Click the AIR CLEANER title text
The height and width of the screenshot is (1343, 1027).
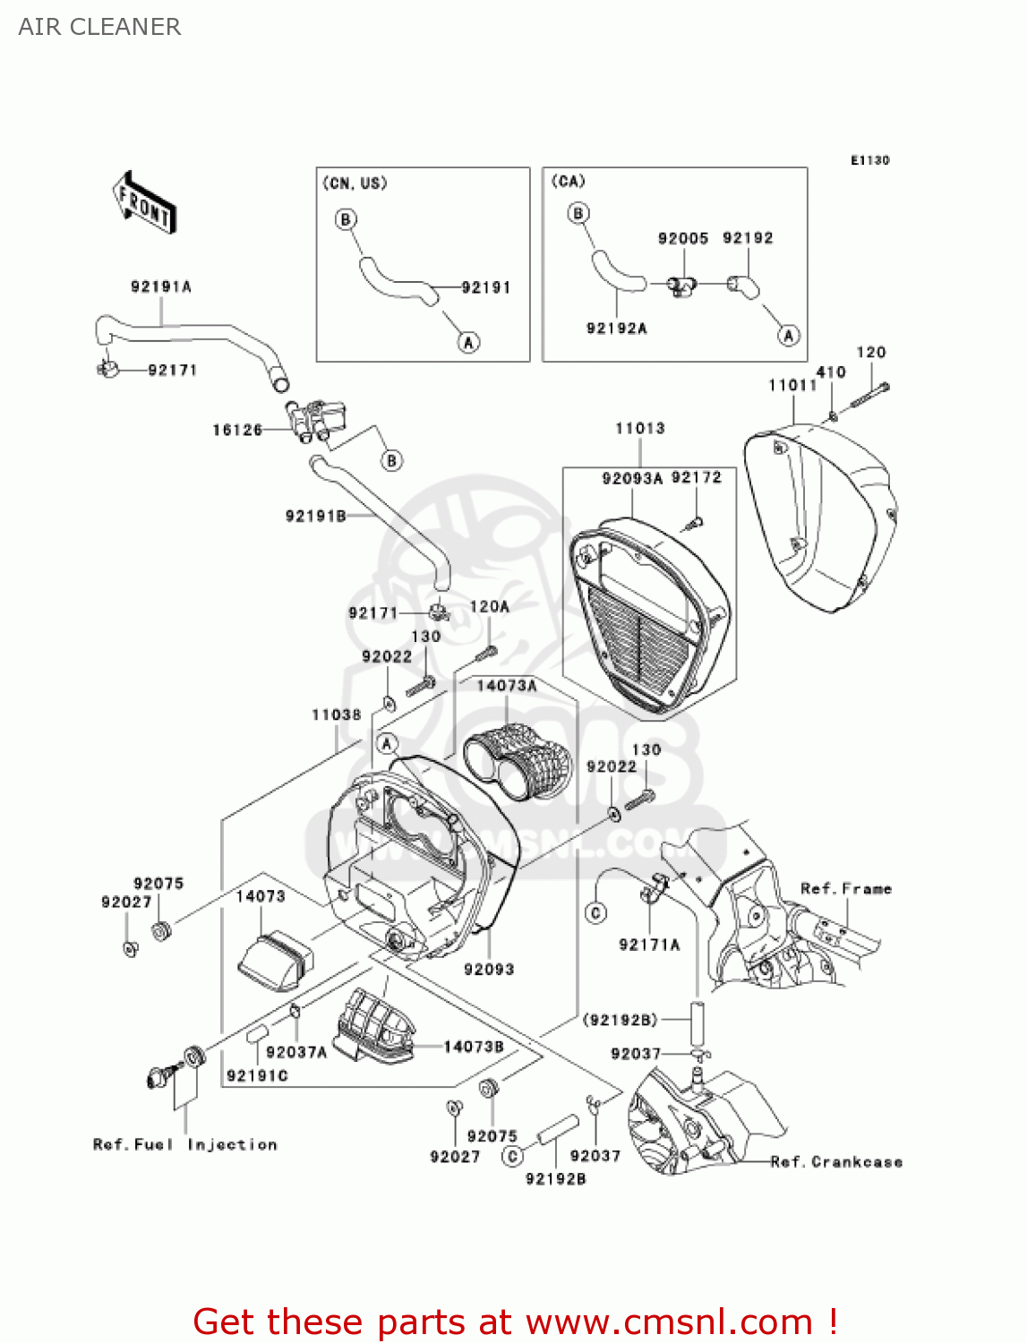[x=99, y=27]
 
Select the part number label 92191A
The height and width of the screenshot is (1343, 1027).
[x=161, y=287]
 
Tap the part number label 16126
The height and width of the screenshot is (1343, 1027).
[x=237, y=430]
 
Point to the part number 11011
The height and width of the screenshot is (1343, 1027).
[x=792, y=385]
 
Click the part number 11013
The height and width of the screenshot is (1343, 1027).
[x=640, y=428]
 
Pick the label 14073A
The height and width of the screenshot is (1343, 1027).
[x=507, y=686]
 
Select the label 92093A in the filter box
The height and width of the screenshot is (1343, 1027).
[x=632, y=478]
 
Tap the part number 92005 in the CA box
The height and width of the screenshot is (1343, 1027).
[x=683, y=238]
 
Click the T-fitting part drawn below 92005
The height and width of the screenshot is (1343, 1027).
[x=683, y=286]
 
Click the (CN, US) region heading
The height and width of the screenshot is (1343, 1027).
[x=355, y=183]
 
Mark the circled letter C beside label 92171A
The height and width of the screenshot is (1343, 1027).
[x=596, y=912]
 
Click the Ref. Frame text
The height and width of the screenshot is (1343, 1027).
[x=846, y=888]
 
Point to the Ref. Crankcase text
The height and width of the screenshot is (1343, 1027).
[x=836, y=1161]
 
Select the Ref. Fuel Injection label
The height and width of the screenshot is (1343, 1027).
[x=185, y=1144]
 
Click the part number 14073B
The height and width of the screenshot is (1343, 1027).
[x=474, y=1046]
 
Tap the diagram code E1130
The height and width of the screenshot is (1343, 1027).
[x=869, y=160]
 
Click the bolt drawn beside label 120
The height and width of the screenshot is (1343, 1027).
[x=869, y=394]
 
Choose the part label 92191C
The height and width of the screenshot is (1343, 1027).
[x=257, y=1075]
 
